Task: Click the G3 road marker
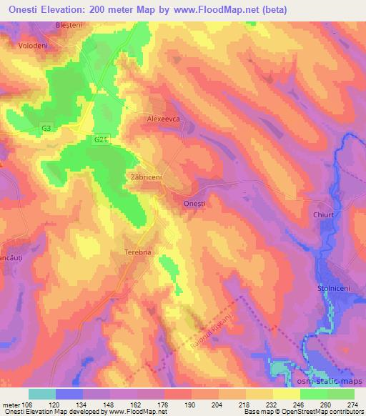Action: [46, 129]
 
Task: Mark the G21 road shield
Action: [100, 141]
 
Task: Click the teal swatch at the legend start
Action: [42, 394]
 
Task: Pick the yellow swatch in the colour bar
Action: [286, 394]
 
